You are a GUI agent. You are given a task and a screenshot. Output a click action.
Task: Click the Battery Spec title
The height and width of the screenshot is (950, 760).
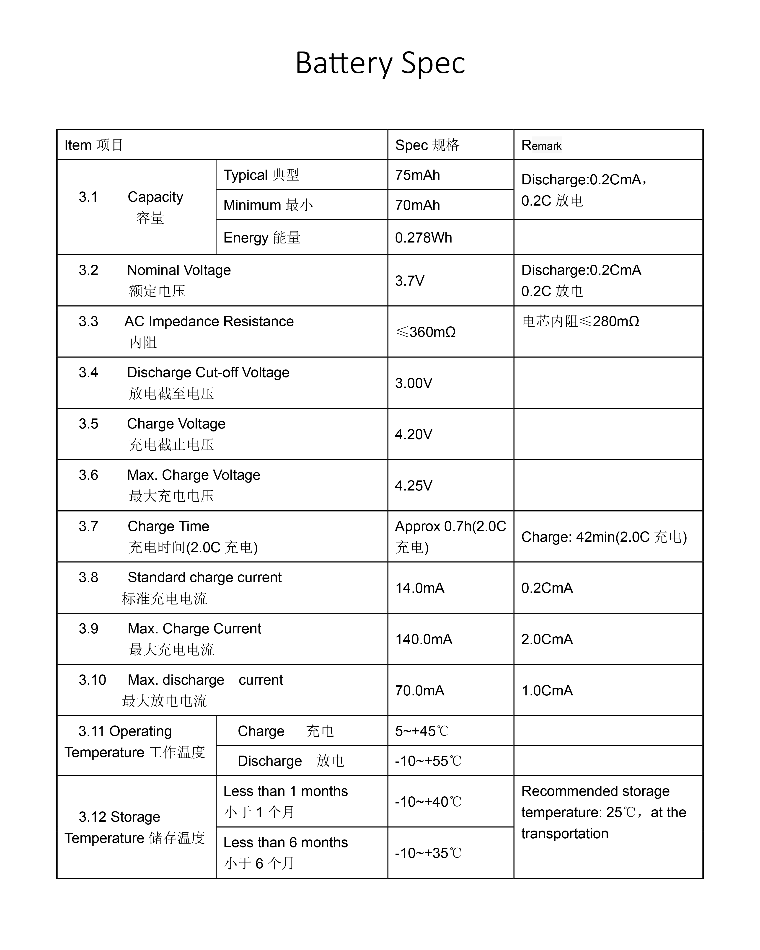pyautogui.click(x=380, y=63)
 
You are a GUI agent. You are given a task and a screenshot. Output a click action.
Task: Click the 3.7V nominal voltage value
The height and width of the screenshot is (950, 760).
pyautogui.click(x=409, y=281)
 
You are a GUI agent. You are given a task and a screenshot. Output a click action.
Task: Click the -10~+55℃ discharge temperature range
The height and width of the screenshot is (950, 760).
pyautogui.click(x=428, y=761)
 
